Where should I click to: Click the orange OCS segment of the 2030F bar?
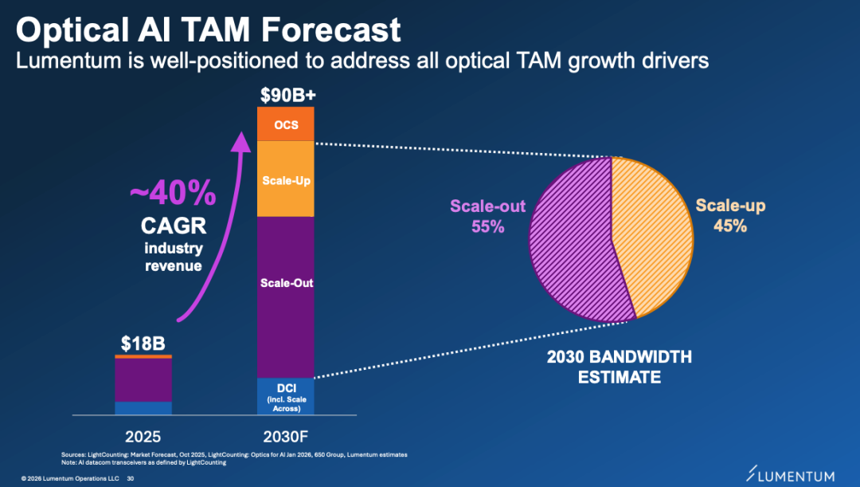click(x=286, y=124)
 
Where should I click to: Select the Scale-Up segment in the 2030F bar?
click(x=286, y=180)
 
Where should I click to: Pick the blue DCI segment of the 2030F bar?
click(x=286, y=396)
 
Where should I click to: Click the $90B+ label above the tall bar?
click(x=287, y=96)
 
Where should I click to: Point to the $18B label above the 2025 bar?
click(x=143, y=344)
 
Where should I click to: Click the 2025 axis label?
click(x=143, y=436)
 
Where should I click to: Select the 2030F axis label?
click(x=287, y=436)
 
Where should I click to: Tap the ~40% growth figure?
click(x=173, y=193)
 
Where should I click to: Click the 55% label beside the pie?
click(x=487, y=226)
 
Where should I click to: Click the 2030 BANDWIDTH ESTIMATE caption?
click(x=619, y=367)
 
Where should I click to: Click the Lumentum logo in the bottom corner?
click(x=792, y=475)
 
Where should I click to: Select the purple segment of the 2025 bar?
click(x=143, y=380)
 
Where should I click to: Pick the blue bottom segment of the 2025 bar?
click(x=143, y=408)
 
